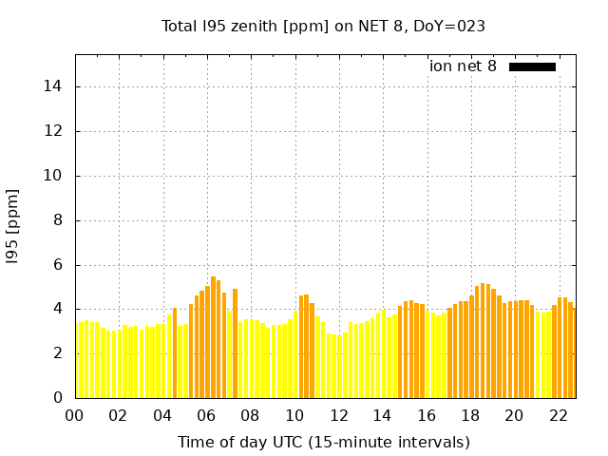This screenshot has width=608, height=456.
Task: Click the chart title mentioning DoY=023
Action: (324, 27)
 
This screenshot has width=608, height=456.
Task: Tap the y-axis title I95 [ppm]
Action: (13, 226)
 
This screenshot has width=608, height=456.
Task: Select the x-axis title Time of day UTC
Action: (323, 443)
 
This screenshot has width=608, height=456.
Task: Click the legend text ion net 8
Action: (463, 66)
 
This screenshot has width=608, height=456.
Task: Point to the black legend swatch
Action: (532, 66)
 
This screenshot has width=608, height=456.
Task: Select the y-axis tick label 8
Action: (60, 220)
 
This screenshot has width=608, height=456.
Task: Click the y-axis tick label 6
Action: (60, 265)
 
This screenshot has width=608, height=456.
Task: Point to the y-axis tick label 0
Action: (60, 398)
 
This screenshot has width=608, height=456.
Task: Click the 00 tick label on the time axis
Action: (74, 415)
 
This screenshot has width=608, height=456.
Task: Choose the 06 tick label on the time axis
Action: (206, 415)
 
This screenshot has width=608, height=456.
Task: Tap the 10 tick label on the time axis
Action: (294, 415)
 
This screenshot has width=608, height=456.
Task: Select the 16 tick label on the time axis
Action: (426, 415)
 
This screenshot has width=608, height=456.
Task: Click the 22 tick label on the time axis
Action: (558, 415)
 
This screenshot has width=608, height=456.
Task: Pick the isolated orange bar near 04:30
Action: (175, 352)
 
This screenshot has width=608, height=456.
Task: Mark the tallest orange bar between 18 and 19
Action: (483, 340)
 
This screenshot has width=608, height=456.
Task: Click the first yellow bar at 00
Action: (78, 360)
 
